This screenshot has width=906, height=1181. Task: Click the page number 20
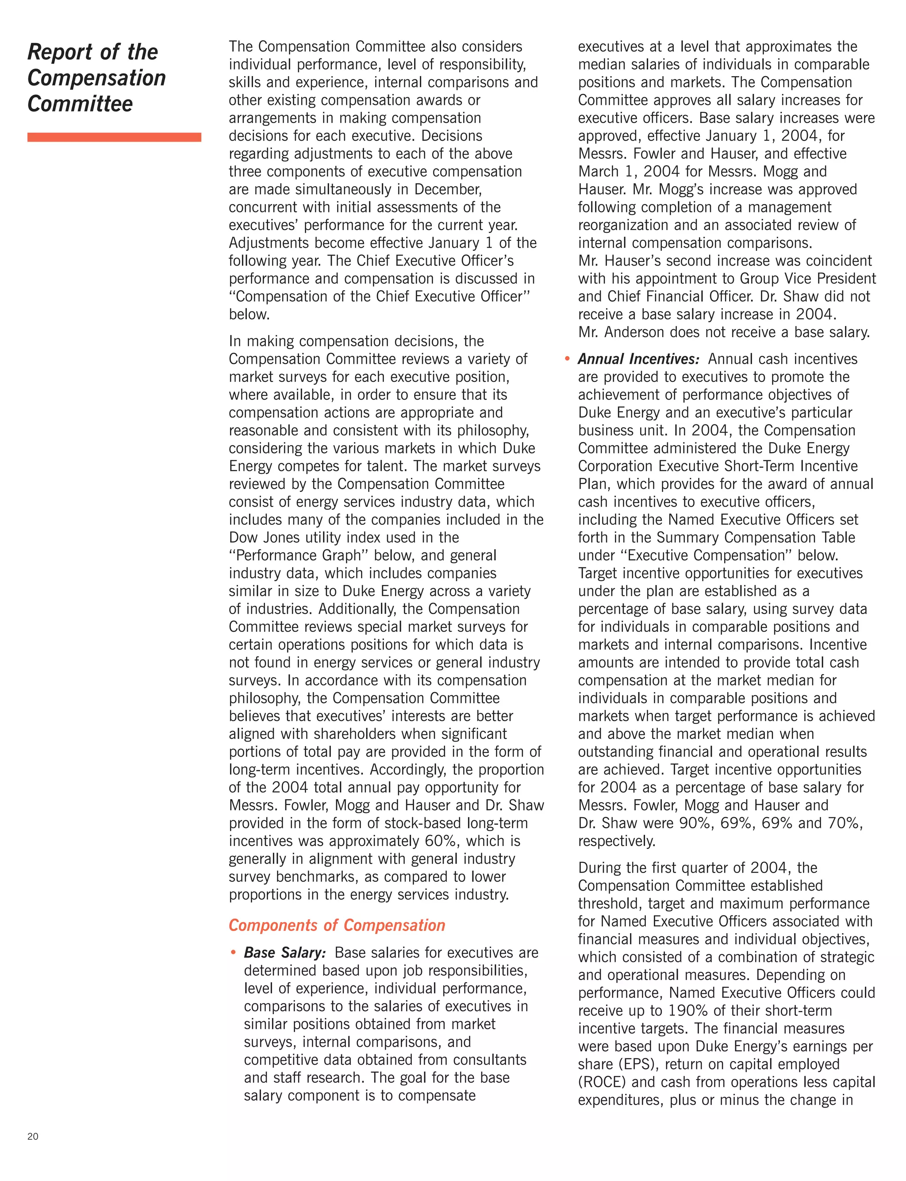32,1137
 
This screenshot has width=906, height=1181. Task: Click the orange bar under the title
114,138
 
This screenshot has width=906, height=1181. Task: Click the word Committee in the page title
80,104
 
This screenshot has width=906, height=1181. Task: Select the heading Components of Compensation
337,925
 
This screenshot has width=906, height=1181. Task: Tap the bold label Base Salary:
285,953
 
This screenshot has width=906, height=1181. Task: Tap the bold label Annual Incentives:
638,359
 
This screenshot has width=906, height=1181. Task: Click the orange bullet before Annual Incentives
567,359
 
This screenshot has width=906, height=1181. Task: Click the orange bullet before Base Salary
233,953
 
